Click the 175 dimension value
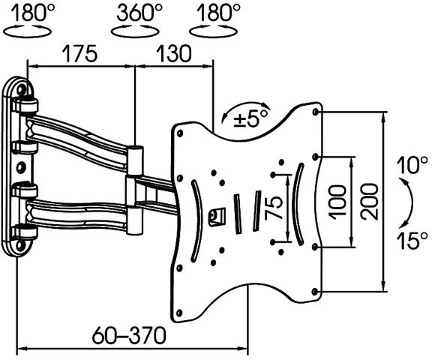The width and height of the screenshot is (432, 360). coord(80,53)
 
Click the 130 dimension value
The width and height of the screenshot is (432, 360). coord(173,53)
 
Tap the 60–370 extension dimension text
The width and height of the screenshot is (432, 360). coord(129,335)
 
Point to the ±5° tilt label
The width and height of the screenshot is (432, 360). coord(250,118)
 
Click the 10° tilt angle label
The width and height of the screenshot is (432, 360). coord(412,165)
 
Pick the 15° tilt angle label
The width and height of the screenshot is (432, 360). coord(412,240)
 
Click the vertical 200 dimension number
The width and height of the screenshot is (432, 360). coord(369,202)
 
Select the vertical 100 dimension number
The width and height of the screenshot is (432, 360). coord(337,202)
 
